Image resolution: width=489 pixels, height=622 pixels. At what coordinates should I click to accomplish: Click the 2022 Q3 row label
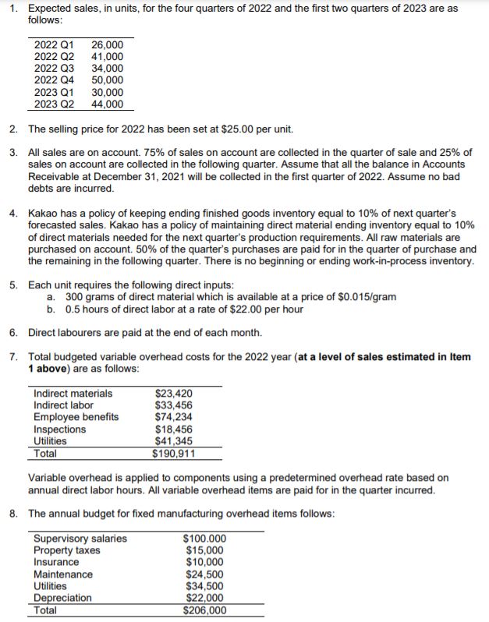54,68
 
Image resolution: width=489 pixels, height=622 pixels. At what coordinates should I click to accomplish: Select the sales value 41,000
107,57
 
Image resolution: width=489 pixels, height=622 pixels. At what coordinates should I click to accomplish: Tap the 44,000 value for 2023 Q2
107,104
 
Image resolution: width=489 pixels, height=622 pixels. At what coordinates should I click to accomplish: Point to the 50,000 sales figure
107,80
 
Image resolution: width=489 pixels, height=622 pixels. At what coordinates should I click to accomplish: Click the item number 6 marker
15,332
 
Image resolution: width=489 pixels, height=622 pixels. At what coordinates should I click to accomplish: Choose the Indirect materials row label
73,393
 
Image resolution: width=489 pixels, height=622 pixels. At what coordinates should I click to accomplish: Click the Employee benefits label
76,417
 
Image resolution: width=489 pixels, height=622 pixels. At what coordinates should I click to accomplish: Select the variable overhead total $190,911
174,454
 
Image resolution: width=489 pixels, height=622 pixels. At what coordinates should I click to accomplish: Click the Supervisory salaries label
80,539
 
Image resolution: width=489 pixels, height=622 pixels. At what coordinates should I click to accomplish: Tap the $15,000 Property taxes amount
205,550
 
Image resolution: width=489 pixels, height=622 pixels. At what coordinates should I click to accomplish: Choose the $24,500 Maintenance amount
205,574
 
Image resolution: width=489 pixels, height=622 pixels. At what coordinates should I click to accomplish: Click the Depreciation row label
62,598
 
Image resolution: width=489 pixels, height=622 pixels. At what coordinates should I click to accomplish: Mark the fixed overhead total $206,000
204,610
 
